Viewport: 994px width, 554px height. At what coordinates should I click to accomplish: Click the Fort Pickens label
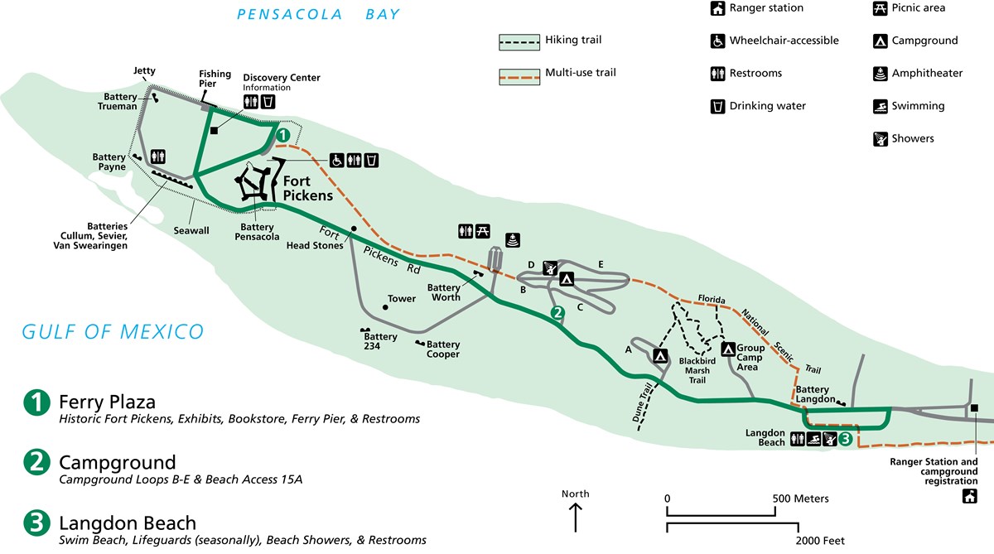tap(308, 188)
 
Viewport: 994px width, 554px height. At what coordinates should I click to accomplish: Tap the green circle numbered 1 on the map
tap(282, 134)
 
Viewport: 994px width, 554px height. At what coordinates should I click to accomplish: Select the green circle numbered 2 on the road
tap(557, 313)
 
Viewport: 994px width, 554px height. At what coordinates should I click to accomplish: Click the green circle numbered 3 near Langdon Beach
tap(845, 440)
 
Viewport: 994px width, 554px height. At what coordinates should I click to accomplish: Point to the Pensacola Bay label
tap(318, 14)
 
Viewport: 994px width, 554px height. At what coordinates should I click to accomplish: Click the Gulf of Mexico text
tap(113, 332)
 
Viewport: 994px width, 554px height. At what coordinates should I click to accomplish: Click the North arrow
tap(576, 519)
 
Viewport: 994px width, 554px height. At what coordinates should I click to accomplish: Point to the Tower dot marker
tap(385, 307)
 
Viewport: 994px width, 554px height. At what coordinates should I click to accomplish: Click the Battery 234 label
tap(380, 342)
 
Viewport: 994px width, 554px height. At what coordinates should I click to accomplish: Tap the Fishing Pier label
tap(215, 79)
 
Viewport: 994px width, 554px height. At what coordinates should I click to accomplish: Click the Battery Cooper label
tap(443, 349)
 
